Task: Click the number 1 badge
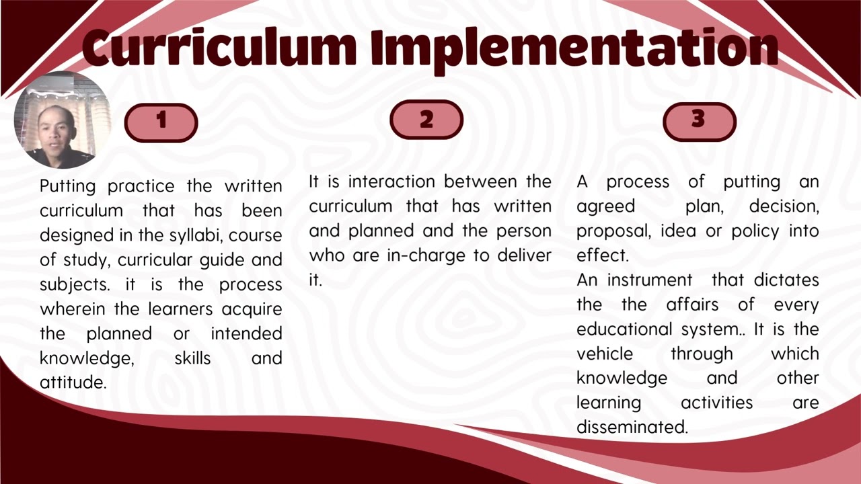(x=161, y=122)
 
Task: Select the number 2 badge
(x=426, y=120)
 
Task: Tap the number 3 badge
(x=699, y=120)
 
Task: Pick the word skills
(x=192, y=358)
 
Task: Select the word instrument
(x=649, y=280)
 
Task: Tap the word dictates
(x=786, y=280)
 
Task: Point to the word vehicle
(x=604, y=354)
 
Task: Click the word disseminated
(x=632, y=427)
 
